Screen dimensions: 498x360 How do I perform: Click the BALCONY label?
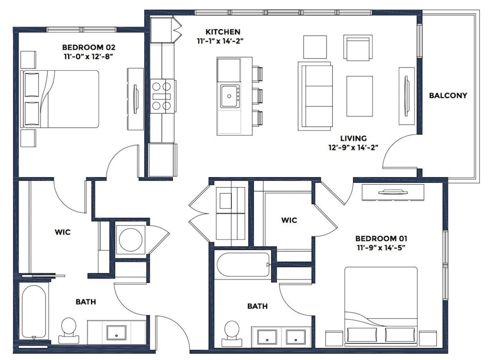448,96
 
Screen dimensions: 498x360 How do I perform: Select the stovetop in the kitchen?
162,96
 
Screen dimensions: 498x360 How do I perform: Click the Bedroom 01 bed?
381,306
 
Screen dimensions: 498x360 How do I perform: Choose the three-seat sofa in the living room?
315,96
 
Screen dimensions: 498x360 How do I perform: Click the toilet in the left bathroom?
69,331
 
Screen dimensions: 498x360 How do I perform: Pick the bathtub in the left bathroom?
34,312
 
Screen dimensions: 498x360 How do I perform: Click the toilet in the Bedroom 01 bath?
232,334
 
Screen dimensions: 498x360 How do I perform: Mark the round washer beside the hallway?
130,240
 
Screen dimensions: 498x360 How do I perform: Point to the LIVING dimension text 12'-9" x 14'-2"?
353,147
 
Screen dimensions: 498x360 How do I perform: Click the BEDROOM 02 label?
89,47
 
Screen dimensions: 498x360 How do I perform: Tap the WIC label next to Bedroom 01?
289,220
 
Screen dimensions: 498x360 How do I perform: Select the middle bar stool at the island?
257,96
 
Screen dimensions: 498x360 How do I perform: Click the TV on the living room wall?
406,96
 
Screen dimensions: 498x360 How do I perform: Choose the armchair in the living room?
358,48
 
